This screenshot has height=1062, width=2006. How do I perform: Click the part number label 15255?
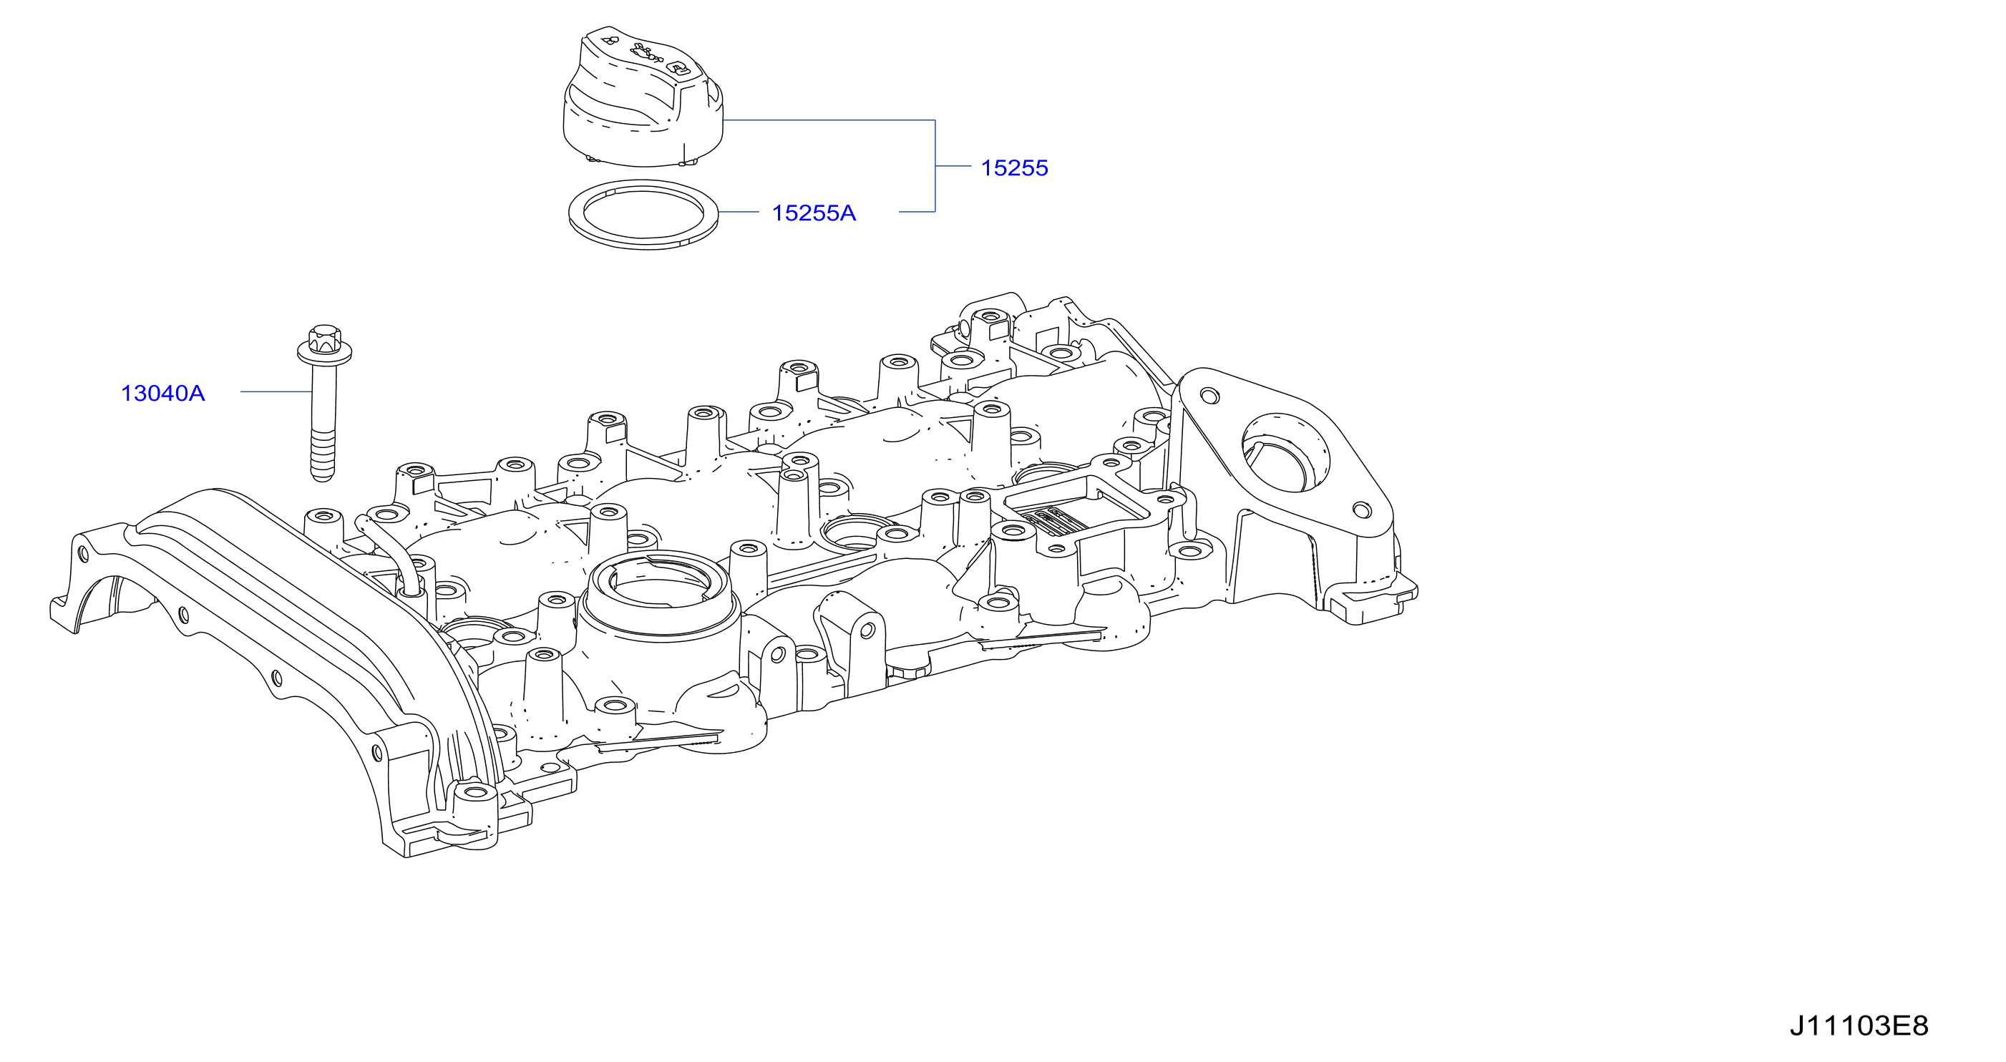click(1014, 168)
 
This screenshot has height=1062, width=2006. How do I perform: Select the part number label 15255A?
click(813, 213)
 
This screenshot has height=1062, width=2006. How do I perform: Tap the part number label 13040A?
click(162, 393)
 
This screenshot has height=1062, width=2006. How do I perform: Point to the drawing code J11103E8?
click(1858, 1026)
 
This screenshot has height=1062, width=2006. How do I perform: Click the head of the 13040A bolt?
click(325, 346)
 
